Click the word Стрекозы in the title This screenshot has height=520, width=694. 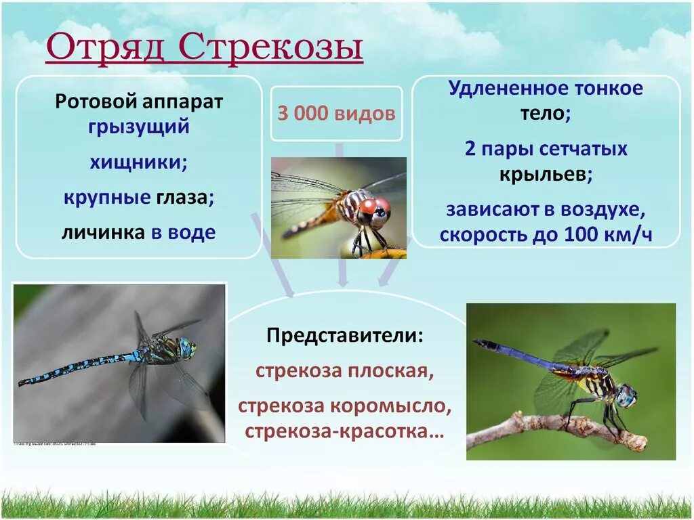point(271,49)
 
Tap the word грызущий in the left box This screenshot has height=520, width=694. point(139,127)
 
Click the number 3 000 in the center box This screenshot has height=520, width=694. point(302,113)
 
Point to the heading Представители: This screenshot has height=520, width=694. point(345,336)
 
